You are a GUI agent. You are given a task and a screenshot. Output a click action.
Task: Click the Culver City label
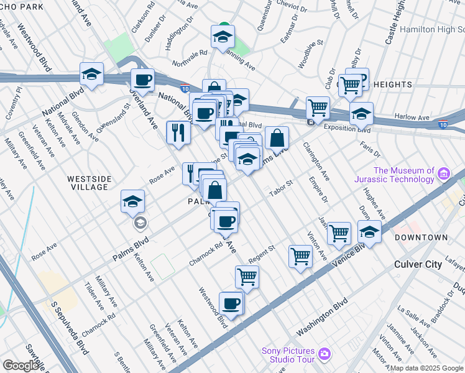[x=418, y=264]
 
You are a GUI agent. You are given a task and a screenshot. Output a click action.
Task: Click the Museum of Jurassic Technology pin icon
[x=444, y=173]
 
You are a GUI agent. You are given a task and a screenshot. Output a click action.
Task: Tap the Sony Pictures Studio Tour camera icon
[x=324, y=354]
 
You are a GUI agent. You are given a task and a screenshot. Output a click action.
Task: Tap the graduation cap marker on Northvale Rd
[x=223, y=37]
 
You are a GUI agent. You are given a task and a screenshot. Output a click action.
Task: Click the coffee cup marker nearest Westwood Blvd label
[x=231, y=303]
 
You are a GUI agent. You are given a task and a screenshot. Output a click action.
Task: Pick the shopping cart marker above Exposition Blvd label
[x=318, y=108]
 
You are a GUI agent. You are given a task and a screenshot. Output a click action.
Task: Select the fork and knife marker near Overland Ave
[x=178, y=132]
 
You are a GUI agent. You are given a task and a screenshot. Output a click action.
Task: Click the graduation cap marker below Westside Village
[x=133, y=201]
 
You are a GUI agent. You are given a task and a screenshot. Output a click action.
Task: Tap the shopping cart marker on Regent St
[x=301, y=256]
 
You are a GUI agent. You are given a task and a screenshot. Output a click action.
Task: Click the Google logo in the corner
[x=20, y=366]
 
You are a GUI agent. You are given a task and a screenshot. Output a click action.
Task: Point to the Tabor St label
[x=280, y=187]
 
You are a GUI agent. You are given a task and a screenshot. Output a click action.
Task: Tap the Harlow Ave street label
[x=412, y=117]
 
